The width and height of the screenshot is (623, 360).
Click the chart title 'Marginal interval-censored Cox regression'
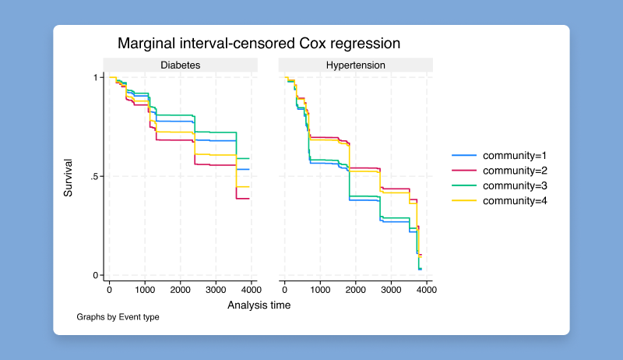coord(259,43)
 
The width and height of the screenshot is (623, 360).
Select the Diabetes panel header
coord(180,65)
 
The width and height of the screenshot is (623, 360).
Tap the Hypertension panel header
coord(355,65)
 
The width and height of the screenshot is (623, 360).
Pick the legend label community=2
coord(515,171)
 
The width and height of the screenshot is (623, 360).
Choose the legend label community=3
coord(515,185)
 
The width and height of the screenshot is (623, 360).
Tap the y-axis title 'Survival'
coord(69,177)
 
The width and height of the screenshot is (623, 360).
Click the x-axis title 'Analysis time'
coord(259,305)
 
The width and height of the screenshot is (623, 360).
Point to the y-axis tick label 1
coord(95,77)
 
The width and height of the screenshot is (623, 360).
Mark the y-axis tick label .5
coord(93,177)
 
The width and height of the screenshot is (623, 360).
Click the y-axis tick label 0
coord(95,276)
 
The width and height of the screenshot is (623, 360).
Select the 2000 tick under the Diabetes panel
coord(180,290)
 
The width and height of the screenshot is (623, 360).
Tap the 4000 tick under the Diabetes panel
coord(251,290)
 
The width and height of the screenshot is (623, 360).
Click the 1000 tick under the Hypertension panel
coord(320,290)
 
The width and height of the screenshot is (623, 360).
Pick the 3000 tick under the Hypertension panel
coord(391,290)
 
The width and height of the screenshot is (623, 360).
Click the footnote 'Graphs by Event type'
coord(118,318)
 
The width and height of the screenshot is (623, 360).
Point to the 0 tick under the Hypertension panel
coord(285,290)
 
